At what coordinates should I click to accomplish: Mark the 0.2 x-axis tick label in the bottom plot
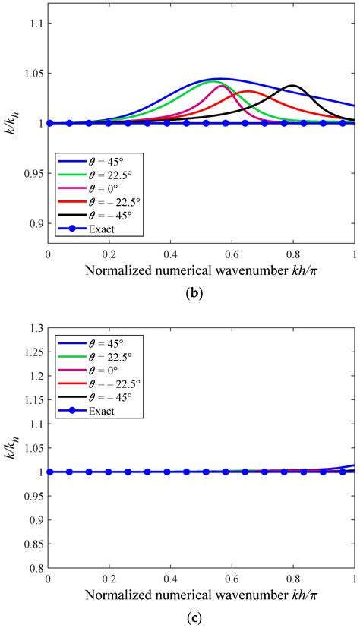(x=109, y=579)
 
